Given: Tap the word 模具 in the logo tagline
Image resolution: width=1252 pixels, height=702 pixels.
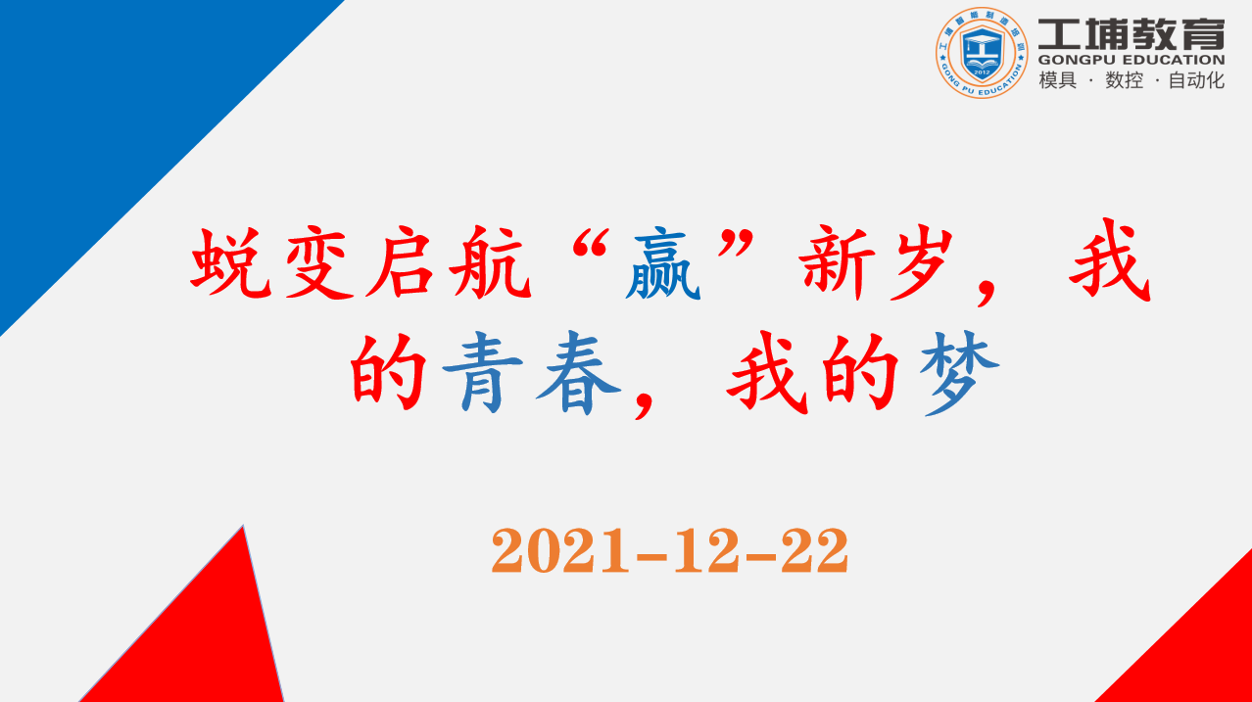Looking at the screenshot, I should [x=1057, y=80].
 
